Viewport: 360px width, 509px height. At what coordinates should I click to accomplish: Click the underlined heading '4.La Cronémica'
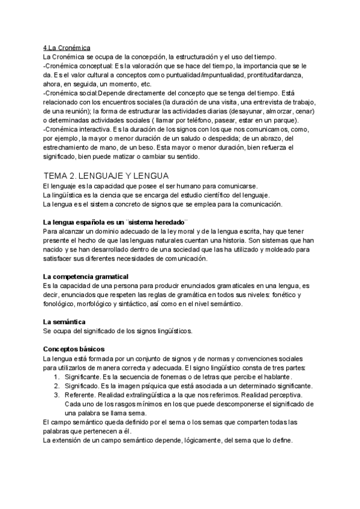(67, 47)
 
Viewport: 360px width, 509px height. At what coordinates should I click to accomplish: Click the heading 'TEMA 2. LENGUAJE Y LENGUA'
(107, 175)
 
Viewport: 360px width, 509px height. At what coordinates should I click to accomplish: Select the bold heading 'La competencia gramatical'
(86, 276)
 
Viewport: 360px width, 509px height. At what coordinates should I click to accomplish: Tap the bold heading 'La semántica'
(64, 322)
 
